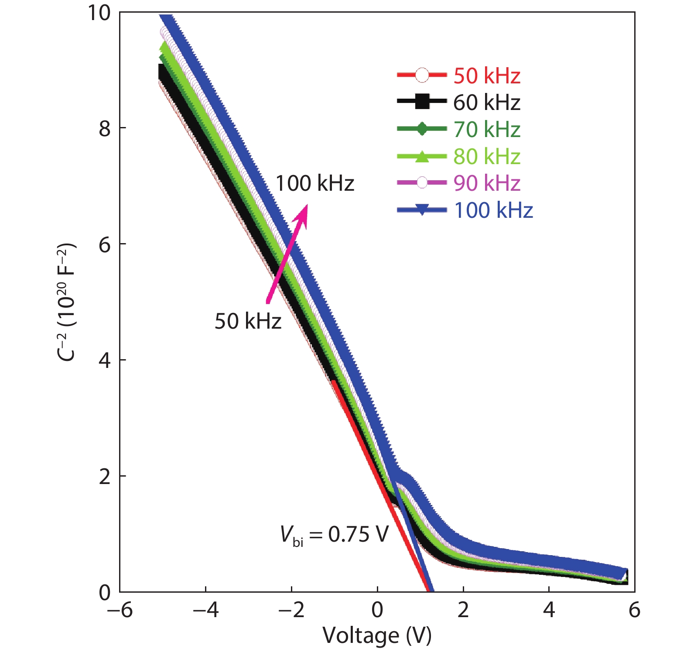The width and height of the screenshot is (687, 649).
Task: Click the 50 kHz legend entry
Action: [486, 76]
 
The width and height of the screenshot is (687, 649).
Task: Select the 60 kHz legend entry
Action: [486, 103]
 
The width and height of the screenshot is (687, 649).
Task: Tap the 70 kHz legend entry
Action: [486, 130]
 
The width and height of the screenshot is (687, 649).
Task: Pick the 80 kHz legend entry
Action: [486, 157]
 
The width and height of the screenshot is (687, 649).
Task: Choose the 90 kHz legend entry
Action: [486, 183]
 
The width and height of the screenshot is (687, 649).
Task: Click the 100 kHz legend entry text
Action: [493, 210]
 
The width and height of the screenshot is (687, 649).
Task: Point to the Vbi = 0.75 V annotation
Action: [334, 535]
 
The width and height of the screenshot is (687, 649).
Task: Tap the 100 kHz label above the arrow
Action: [314, 183]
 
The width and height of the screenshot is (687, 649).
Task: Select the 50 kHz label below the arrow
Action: [248, 321]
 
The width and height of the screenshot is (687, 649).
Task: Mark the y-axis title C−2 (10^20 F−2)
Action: [67, 301]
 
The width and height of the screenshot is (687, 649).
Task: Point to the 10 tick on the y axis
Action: [99, 13]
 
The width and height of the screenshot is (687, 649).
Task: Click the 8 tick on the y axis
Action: [105, 128]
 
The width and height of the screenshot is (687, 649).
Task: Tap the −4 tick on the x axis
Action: [205, 610]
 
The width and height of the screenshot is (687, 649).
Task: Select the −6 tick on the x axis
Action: [120, 610]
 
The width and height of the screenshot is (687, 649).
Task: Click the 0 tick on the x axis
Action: [377, 610]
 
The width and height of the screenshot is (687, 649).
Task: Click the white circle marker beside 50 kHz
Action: [422, 75]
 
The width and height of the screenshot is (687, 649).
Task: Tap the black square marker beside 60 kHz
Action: [422, 102]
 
